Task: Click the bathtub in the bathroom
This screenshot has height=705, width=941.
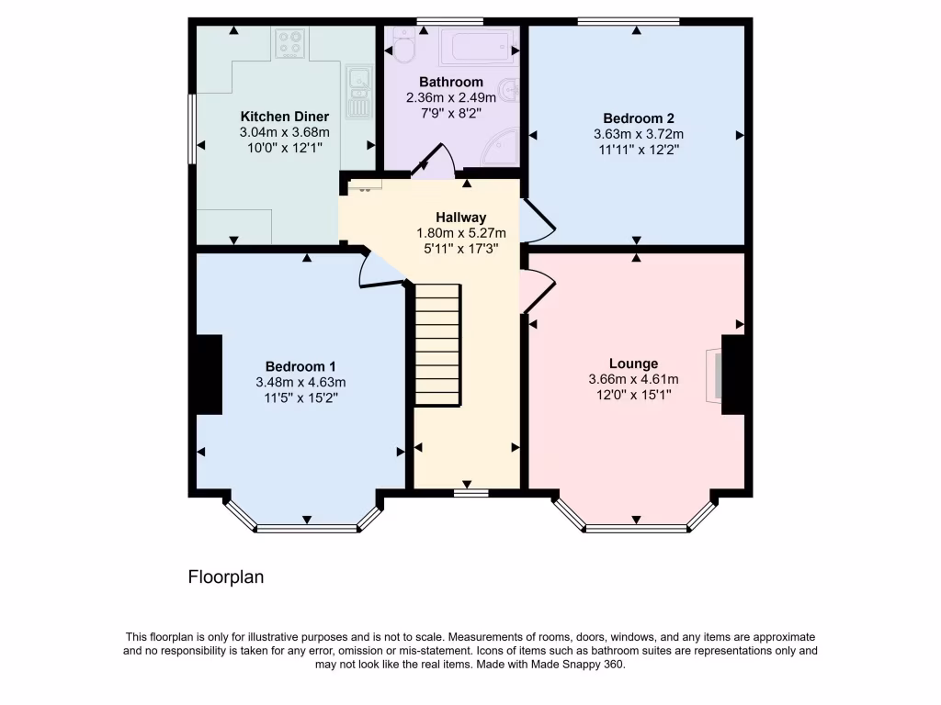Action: (476, 45)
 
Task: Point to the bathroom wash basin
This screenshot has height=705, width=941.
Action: (512, 91)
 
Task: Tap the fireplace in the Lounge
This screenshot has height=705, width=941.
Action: (713, 375)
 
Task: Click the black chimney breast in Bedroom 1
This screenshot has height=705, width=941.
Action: (209, 375)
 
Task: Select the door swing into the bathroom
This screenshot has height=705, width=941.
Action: (430, 160)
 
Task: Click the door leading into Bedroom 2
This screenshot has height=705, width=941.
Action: (539, 220)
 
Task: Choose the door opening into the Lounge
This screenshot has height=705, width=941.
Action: (538, 290)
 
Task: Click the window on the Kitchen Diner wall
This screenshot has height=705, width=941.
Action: (192, 128)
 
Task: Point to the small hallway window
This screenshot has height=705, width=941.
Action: (470, 492)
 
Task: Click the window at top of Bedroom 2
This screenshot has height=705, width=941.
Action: (628, 20)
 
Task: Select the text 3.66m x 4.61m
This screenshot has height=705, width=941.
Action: (633, 380)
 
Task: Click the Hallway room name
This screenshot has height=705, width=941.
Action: (460, 218)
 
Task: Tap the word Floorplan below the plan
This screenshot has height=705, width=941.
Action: (226, 577)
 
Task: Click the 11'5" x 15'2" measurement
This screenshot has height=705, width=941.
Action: (300, 397)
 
